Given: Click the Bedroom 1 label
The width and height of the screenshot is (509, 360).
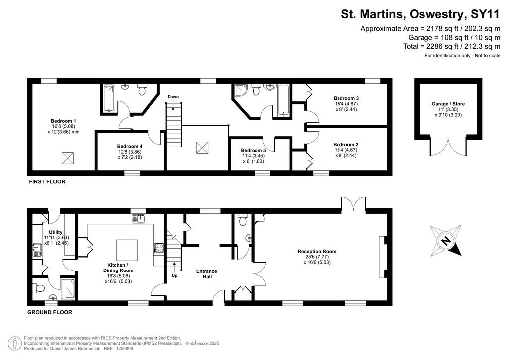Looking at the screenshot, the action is coord(63,121).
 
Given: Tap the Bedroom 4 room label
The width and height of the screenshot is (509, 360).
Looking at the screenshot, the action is coord(130,146).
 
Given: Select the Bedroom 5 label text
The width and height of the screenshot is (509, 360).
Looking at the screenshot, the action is coord(254,150).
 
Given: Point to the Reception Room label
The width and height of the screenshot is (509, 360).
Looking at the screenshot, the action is coord(317,251).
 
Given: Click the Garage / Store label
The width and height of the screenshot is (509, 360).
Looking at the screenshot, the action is coord(448,104).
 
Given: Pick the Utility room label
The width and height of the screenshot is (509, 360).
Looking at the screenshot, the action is coord(56,232).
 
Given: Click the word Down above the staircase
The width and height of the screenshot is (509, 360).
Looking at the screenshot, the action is coord(173,97).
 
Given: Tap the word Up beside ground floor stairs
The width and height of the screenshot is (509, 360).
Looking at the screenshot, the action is coord(174,275).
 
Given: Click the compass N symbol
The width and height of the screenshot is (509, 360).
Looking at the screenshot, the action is coord(446,241).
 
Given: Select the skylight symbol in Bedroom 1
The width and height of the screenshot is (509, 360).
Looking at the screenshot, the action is coord(68,158).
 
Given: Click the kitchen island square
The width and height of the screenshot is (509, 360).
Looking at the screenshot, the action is coord(127,250).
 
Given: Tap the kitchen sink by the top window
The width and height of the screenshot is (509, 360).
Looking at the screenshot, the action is coord(139,218).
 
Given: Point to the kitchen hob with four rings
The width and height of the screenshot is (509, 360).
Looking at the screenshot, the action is coord(159,248).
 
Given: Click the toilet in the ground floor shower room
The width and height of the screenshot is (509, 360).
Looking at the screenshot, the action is coord(38,288).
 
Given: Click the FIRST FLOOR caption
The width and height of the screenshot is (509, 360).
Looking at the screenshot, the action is coord(47,182).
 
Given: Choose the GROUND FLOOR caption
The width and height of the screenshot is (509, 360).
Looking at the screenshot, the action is coord(50,312).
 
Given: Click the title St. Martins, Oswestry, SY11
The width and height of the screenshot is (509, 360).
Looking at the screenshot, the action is coord(421,14).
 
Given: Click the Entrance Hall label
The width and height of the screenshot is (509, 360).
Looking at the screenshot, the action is coord(207,274).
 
